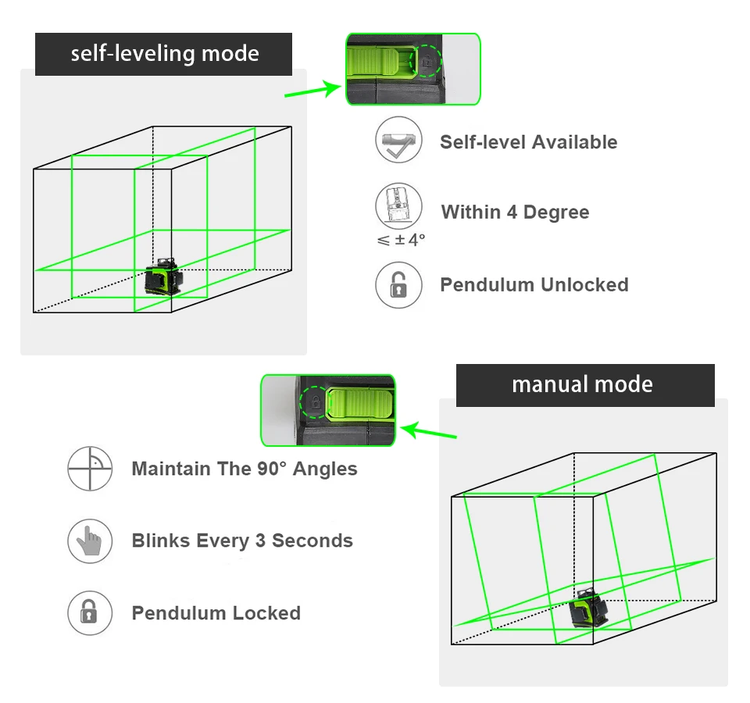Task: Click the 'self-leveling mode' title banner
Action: tap(164, 54)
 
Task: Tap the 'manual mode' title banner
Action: tap(584, 384)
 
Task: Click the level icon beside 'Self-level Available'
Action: tap(398, 141)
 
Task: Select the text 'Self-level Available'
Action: tap(528, 142)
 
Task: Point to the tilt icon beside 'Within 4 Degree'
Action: tap(398, 206)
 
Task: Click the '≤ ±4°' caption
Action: tap(401, 240)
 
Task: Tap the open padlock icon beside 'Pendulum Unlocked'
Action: tap(398, 285)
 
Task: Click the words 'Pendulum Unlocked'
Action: tap(534, 285)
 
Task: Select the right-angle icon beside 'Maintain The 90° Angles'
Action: tap(90, 469)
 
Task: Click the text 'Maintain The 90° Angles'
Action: tap(245, 469)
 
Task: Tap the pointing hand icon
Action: tap(90, 541)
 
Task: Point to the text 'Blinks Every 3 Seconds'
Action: tap(242, 541)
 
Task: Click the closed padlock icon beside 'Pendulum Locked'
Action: tap(90, 613)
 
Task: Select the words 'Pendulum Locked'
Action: tap(216, 613)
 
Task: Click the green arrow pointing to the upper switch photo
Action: tap(312, 91)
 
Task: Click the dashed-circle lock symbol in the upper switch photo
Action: tap(427, 60)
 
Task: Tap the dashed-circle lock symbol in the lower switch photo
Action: tap(315, 402)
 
